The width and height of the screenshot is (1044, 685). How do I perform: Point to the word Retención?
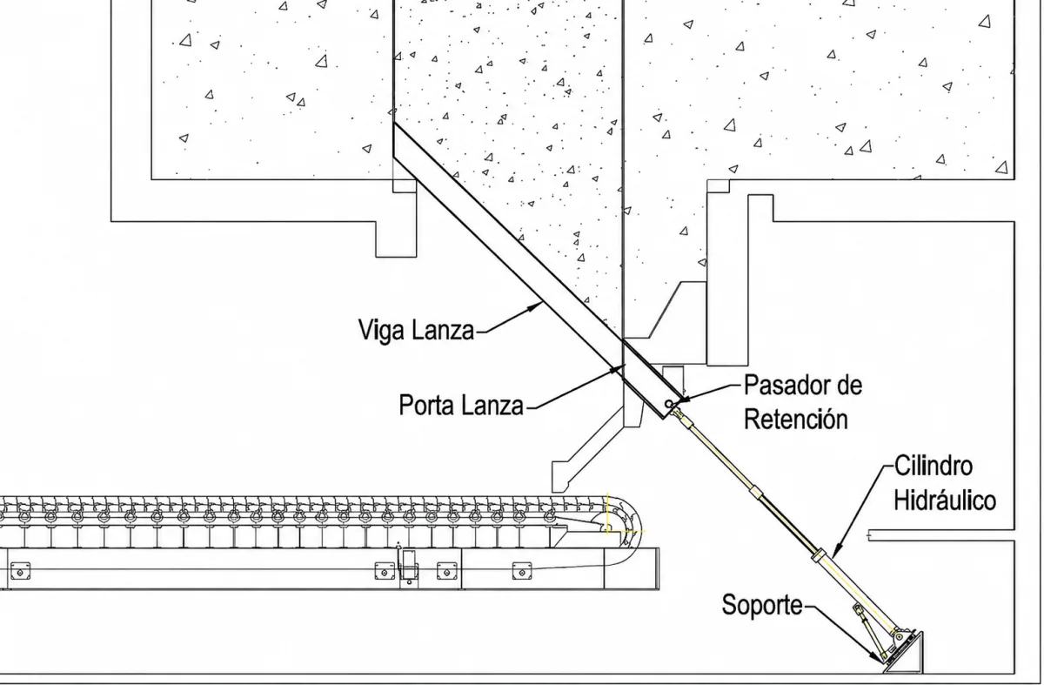(x=795, y=420)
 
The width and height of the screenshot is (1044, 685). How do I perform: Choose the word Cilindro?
(x=934, y=467)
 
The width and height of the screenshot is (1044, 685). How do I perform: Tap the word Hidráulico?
(x=945, y=500)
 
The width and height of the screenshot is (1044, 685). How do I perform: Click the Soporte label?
(x=762, y=605)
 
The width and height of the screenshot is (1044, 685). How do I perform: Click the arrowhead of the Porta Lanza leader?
(x=618, y=369)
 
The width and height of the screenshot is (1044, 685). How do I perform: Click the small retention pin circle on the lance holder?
(x=669, y=403)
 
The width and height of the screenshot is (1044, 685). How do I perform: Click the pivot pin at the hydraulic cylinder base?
(x=899, y=636)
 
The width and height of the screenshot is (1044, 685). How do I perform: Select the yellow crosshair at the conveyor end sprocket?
(x=607, y=528)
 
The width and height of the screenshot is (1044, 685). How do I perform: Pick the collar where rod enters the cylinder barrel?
(x=819, y=555)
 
